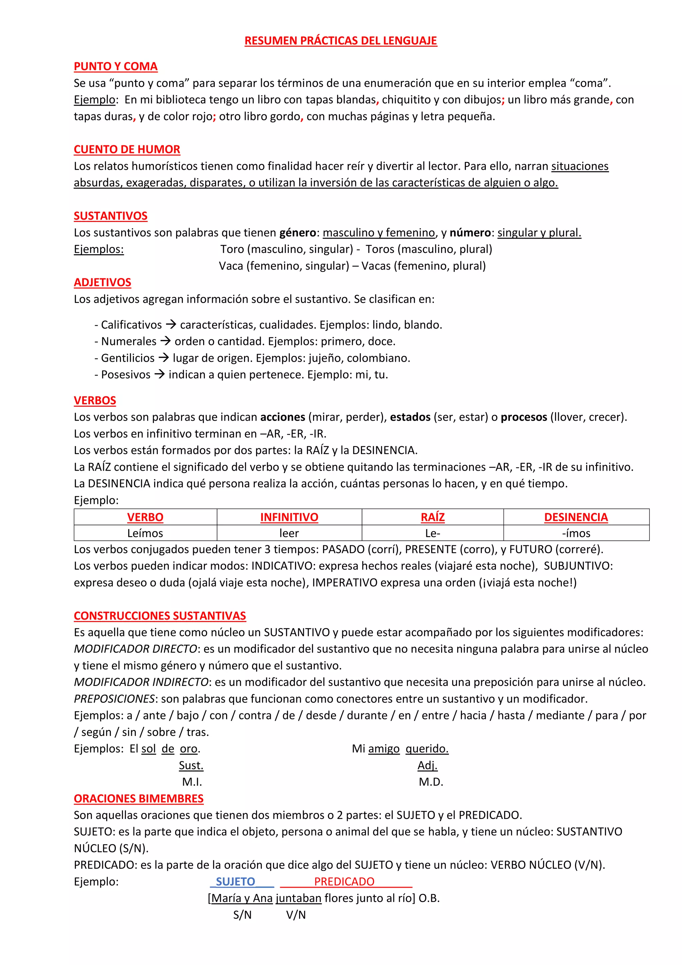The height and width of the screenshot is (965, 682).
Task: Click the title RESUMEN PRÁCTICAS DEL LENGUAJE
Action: click(341, 41)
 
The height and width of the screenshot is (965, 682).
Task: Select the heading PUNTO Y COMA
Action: click(116, 66)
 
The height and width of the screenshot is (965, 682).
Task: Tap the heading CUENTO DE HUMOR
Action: click(127, 149)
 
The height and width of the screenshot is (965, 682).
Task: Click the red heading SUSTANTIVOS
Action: click(111, 216)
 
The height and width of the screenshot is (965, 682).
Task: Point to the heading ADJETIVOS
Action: click(103, 282)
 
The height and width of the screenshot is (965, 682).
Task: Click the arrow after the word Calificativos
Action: click(171, 324)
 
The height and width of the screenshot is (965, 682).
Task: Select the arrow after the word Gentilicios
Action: click(164, 358)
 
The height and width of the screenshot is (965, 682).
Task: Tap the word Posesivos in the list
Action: click(126, 374)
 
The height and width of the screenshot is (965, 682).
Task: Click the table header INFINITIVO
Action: click(289, 517)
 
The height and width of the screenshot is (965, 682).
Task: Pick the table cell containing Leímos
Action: click(145, 533)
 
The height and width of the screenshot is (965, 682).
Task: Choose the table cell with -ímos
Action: click(576, 533)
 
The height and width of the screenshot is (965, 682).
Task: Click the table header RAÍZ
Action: click(433, 517)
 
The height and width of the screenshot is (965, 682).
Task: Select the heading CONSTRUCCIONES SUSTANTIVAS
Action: click(160, 616)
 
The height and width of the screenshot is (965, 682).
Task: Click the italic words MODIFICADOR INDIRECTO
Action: click(141, 682)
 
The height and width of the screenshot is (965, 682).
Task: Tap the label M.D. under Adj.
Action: click(431, 782)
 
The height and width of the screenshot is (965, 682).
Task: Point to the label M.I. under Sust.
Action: click(192, 782)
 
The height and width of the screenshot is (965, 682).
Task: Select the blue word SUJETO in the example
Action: click(235, 881)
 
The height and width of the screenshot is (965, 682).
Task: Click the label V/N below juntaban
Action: click(296, 915)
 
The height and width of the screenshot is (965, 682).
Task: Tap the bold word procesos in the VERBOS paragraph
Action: click(524, 417)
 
